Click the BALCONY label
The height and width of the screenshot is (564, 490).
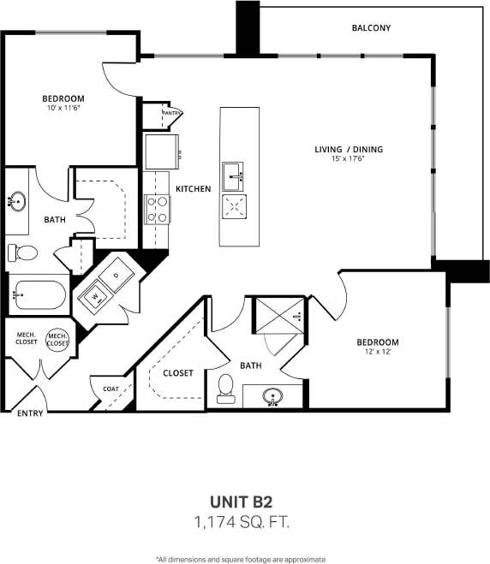coord(371,28)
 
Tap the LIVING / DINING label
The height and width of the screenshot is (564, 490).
coord(348,150)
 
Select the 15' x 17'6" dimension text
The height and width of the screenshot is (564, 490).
coord(348,160)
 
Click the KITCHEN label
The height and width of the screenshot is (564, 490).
coord(193,188)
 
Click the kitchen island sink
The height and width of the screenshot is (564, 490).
coord(235,176)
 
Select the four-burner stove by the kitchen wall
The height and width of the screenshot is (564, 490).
coord(158,209)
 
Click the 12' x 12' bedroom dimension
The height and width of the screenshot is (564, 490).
coord(377,353)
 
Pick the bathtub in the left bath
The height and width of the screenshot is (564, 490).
coord(38,295)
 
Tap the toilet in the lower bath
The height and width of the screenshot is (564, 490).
coord(226,387)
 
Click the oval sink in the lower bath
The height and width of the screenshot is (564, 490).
coord(273,397)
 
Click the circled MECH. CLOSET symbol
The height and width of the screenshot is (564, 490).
coord(57,341)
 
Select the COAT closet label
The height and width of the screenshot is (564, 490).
coord(111,389)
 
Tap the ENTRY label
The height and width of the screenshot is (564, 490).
coord(29,413)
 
